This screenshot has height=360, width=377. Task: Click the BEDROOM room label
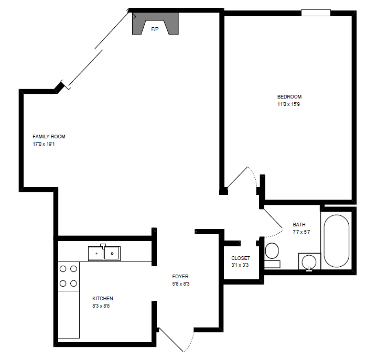289,96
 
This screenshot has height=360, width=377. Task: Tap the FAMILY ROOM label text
49,137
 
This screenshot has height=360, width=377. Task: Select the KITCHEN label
103,299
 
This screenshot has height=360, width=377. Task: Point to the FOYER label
180,276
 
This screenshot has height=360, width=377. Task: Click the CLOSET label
241,258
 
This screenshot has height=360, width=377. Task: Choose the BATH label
299,224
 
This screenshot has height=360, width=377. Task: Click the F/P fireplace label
155,29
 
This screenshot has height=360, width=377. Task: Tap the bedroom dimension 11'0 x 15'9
289,104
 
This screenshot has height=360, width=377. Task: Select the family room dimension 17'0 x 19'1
44,144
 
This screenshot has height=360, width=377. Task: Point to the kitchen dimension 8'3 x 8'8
101,306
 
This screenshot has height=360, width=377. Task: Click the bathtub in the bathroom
336,241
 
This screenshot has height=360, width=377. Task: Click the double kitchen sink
104,253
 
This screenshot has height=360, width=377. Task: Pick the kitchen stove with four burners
68,276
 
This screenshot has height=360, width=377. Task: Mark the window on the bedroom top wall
316,12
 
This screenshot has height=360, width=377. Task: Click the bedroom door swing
242,178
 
